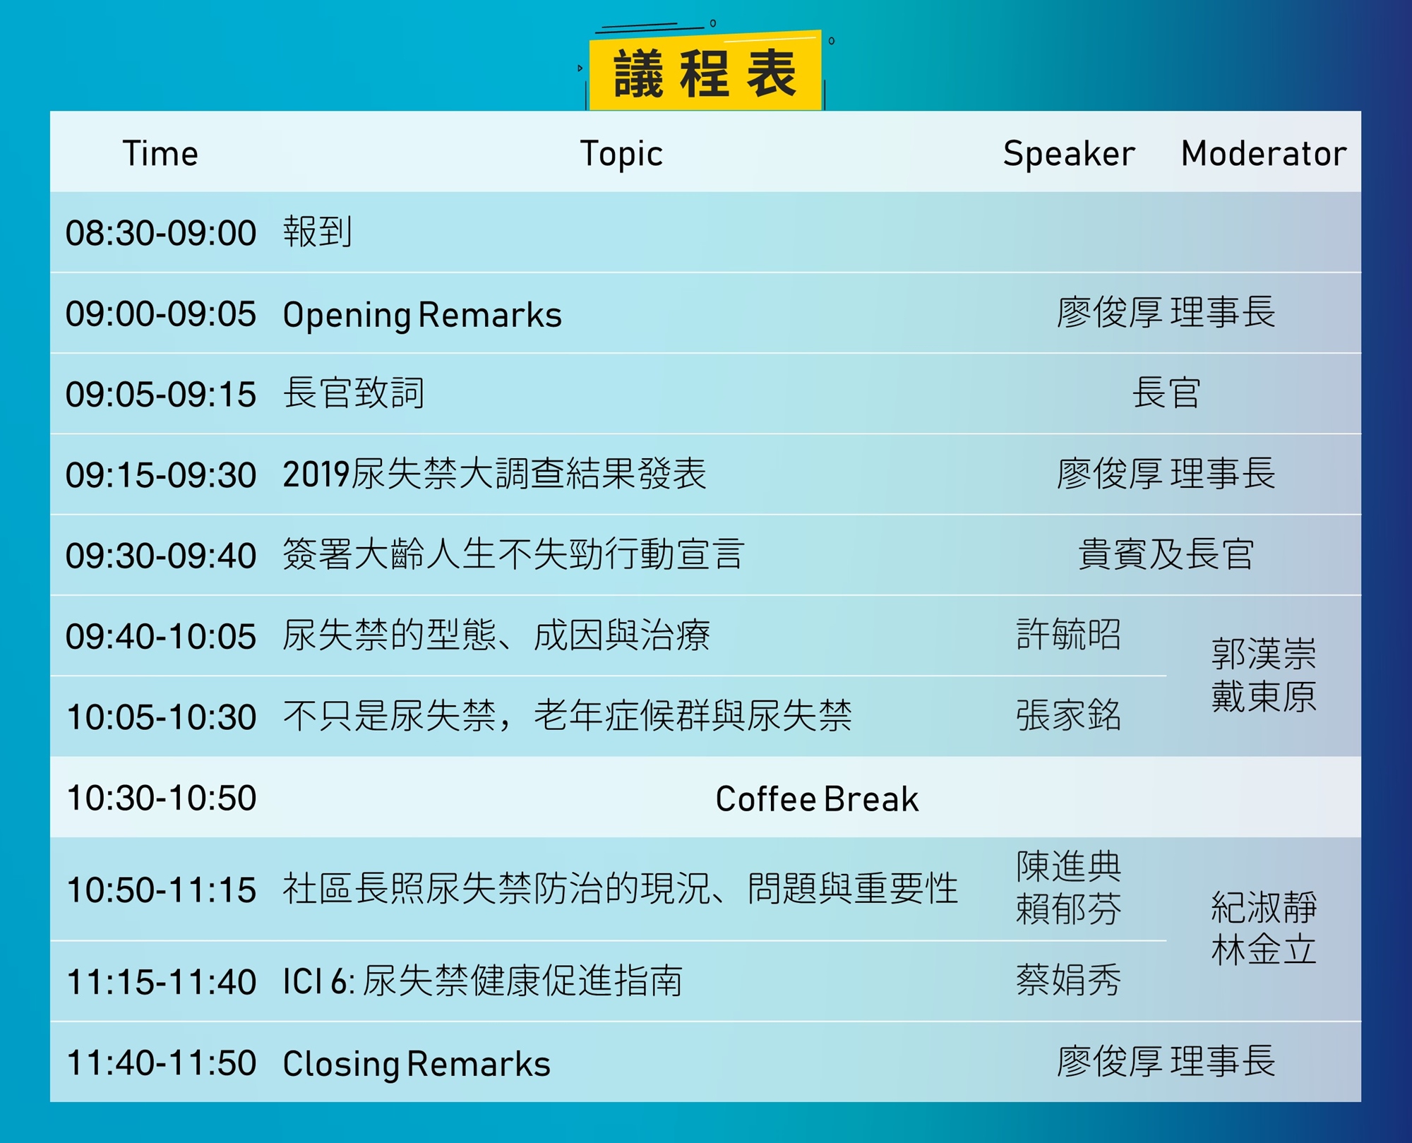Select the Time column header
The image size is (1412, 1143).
160,153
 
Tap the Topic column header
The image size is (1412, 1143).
621,154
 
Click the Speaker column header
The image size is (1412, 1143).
1069,154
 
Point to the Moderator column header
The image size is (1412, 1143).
1264,153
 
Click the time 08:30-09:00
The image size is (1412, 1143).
161,233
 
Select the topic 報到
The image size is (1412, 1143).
318,232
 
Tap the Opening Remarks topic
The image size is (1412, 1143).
422,315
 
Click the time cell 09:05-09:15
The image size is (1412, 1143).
161,394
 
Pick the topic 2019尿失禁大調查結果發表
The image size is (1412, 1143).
494,474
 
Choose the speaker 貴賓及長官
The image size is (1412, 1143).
1166,554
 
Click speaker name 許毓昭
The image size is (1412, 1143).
1069,634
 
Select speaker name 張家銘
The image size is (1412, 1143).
1069,714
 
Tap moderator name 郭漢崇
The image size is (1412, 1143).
1264,654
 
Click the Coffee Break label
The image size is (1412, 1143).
817,798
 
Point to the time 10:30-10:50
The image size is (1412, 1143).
161,798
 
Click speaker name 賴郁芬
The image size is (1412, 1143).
1069,909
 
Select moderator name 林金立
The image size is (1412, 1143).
1264,950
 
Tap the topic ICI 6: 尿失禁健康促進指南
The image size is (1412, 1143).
482,981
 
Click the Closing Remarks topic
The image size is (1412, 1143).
417,1064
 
